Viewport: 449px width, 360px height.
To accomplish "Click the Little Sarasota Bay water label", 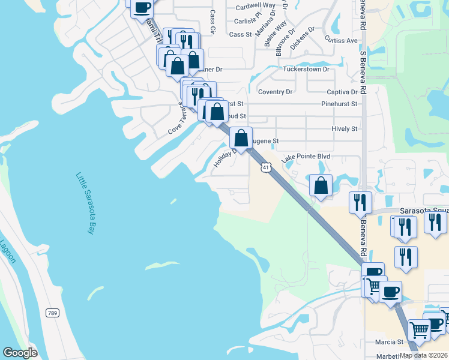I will [85, 203].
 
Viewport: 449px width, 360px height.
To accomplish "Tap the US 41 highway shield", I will [265, 168].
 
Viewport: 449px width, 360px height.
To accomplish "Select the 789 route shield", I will [52, 313].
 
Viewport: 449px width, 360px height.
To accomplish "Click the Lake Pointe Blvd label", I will [306, 157].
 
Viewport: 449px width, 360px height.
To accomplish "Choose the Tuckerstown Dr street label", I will [306, 69].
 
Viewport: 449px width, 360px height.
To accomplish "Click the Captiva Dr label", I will [342, 92].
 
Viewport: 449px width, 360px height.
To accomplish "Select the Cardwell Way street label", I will [255, 7].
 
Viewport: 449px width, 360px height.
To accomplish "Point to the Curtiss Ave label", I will [341, 40].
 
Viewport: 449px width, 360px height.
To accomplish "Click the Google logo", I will [20, 353].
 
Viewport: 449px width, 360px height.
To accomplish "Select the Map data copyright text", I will [424, 355].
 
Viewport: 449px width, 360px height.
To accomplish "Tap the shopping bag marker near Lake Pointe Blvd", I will [321, 185].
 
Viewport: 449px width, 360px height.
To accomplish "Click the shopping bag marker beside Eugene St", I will [241, 138].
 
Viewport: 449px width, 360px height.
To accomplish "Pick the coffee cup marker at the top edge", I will [142, 7].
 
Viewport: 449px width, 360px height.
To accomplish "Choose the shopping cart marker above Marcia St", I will [419, 329].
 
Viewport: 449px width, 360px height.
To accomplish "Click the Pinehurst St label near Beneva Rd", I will [339, 104].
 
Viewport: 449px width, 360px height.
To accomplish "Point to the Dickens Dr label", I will [302, 37].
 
